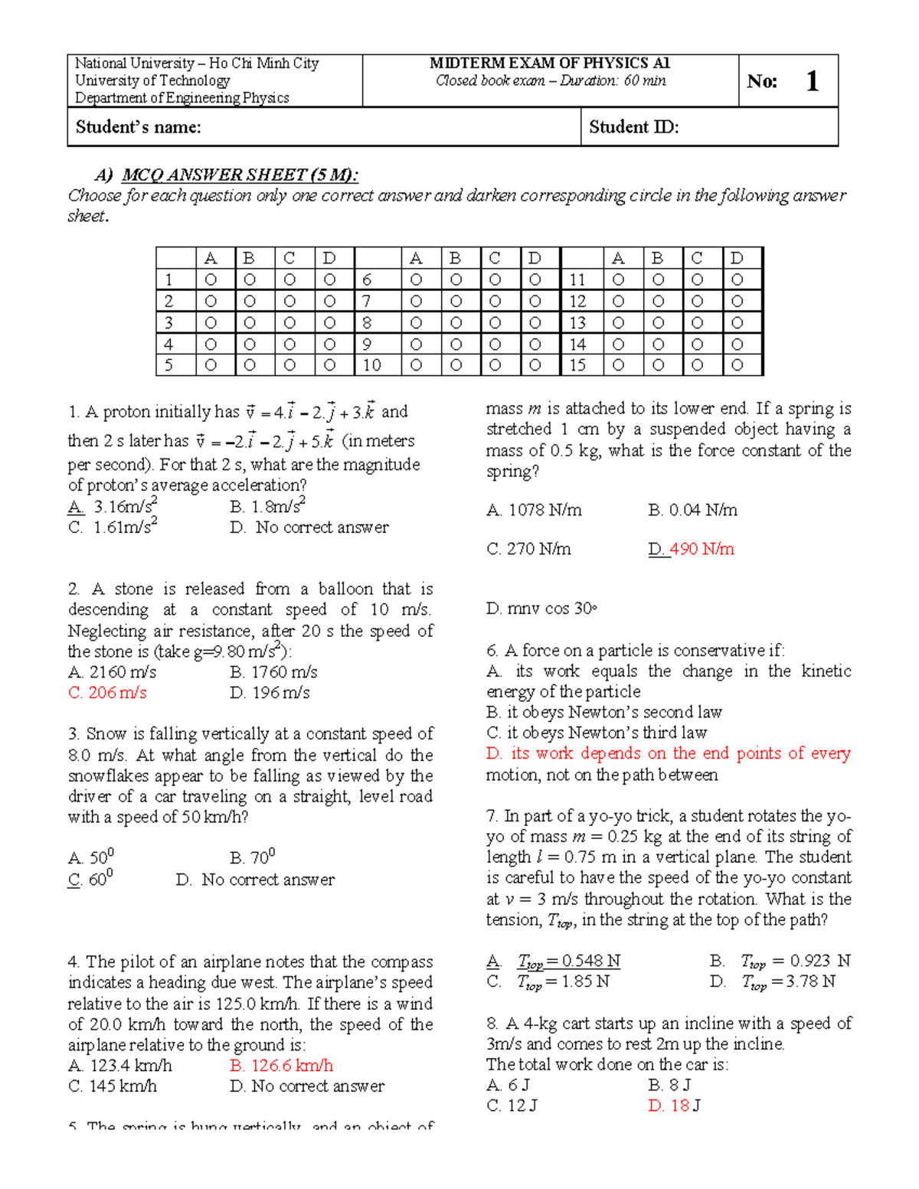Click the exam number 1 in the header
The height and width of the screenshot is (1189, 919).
point(813,81)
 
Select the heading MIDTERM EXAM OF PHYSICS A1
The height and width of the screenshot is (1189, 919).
point(549,64)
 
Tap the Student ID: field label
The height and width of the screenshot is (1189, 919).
point(633,127)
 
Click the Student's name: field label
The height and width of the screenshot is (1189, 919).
point(138,127)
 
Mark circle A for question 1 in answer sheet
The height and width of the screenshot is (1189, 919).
point(211,280)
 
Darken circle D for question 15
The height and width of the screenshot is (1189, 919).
point(737,365)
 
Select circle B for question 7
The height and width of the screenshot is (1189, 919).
point(456,302)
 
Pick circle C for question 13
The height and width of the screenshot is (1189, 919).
point(697,323)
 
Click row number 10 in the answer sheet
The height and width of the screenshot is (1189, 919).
point(371,365)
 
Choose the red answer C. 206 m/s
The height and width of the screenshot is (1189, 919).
point(107,693)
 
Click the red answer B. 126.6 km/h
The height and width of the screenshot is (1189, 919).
point(281,1066)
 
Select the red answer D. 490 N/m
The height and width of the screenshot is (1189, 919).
point(691,549)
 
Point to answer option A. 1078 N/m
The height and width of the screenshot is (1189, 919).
point(534,510)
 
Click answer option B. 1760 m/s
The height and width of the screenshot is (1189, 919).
point(273,672)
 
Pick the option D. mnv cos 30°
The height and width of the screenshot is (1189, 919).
point(541,609)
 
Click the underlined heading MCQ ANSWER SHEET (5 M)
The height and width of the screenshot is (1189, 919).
point(239,175)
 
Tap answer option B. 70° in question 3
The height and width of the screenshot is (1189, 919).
point(252,858)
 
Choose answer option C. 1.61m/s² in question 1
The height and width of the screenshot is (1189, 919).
point(113,528)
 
